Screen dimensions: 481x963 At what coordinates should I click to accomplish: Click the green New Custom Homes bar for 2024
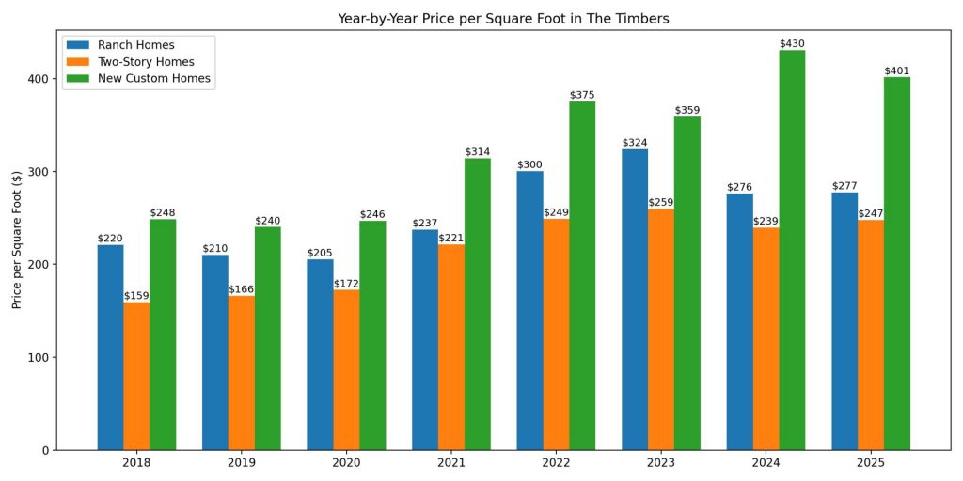point(792,250)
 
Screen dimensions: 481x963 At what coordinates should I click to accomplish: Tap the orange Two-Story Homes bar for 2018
point(136,376)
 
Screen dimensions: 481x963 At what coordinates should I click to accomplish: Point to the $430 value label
point(792,44)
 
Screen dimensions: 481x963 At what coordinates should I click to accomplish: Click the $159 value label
point(136,296)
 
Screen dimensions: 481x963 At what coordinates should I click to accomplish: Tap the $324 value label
point(635,143)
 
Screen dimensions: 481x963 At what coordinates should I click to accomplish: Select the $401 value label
point(896,71)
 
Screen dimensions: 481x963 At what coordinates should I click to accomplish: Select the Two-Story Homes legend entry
point(140,62)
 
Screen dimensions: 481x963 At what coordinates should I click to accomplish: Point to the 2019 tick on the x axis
point(242,463)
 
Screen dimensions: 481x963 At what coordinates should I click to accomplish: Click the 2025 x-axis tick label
point(870,463)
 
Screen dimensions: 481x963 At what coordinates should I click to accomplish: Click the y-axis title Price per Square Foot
point(17,240)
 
